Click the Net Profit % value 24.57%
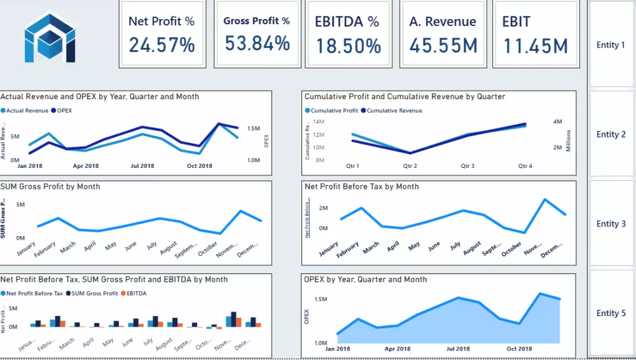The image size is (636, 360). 162,45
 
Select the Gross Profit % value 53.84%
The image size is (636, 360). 257,44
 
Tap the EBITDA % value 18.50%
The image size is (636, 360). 347,46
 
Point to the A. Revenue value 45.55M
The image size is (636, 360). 443,46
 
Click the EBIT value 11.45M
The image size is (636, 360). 536,46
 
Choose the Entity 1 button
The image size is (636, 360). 611,45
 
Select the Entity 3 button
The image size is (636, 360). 611,224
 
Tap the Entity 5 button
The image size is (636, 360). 611,313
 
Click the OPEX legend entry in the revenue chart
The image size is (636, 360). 64,111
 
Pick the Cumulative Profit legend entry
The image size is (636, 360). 334,111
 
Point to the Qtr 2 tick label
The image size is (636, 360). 410,166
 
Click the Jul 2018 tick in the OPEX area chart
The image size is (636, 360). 459,349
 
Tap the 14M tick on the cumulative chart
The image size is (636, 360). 318,121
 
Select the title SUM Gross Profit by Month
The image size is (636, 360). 50,186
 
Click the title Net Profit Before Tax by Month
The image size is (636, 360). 361,186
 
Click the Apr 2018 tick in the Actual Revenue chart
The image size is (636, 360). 86,166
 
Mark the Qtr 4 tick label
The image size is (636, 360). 525,166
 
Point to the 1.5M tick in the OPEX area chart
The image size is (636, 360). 320,300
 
